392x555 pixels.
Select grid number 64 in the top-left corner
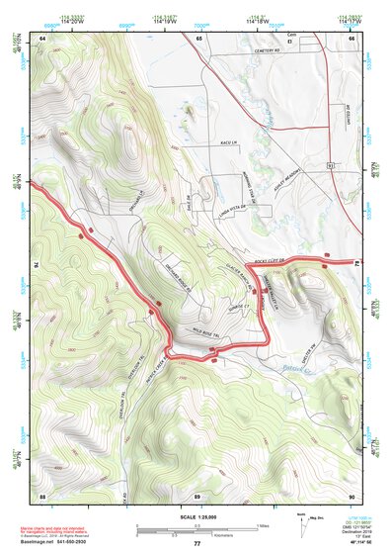click(42, 38)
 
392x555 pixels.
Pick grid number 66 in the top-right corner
click(351, 38)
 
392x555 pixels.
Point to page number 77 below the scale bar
click(196, 543)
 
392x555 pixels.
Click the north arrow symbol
click(300, 522)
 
